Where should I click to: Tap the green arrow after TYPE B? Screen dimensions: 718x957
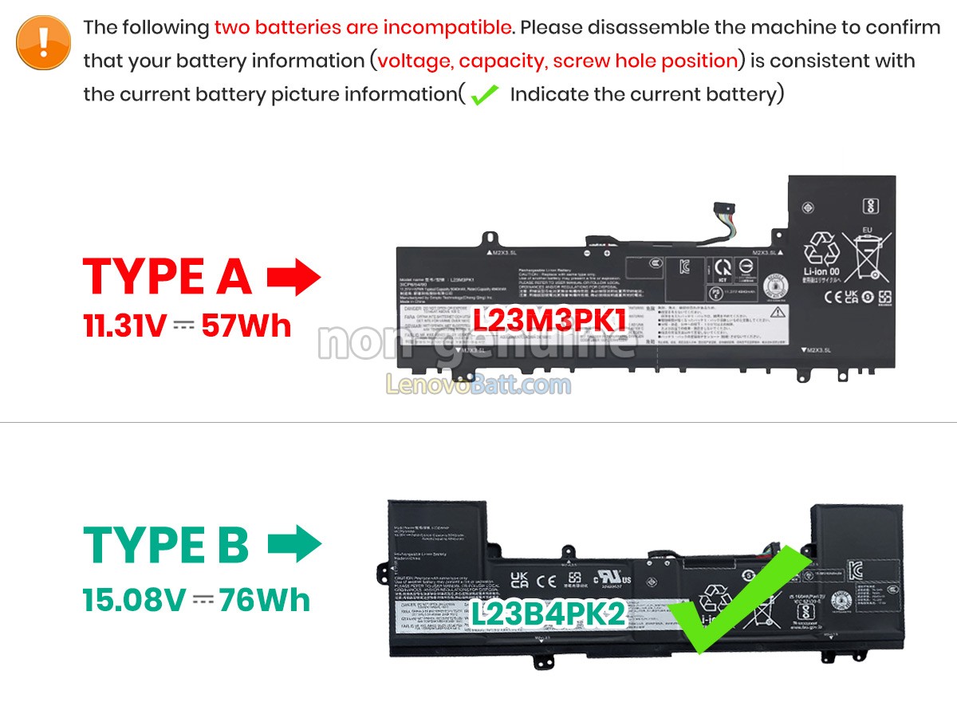point(293,545)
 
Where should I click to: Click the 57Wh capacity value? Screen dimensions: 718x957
point(246,325)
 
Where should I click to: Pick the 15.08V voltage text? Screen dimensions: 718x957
point(133,599)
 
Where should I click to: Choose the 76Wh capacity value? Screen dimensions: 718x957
point(265,599)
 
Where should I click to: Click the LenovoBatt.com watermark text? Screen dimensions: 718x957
point(478,385)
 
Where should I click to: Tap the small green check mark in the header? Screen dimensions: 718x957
point(484,96)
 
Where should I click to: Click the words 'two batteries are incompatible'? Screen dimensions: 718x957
point(363,27)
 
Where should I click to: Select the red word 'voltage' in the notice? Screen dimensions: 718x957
point(414,61)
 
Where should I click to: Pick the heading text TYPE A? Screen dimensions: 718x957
point(167,278)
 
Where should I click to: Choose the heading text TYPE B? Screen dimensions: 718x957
point(166,545)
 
